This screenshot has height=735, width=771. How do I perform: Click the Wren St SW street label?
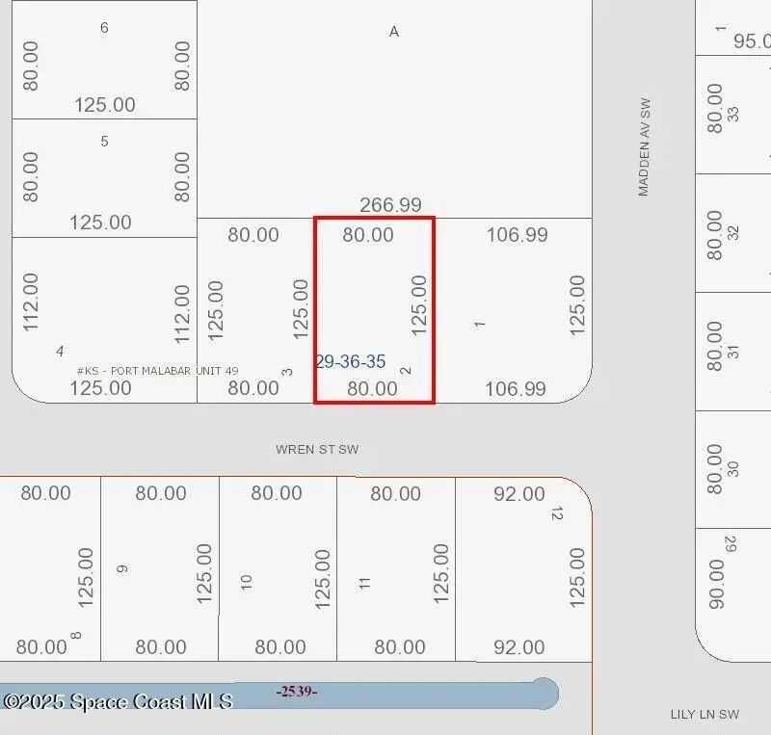point(317,449)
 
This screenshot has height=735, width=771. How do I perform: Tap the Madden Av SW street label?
point(645,146)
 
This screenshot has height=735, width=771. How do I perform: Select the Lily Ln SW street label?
point(705,714)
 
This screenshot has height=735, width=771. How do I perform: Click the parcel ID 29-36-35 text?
point(350,362)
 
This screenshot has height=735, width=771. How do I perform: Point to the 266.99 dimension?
point(390,205)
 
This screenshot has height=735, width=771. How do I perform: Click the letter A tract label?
point(393,32)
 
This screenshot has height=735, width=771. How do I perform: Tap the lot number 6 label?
point(104,28)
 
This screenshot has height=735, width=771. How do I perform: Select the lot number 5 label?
point(104,142)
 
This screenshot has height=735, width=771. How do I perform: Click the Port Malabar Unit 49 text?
point(158,371)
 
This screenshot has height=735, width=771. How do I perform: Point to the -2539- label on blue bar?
point(297,691)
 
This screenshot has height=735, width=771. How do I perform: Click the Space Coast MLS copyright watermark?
point(118,701)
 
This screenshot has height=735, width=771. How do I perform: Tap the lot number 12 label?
point(556,512)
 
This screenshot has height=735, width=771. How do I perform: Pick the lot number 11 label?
point(364,582)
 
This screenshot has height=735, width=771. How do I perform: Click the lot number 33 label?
point(733,114)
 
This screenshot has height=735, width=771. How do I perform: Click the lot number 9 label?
point(122,568)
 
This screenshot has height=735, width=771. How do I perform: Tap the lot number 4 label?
point(61,351)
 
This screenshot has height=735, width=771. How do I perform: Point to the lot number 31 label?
point(733,352)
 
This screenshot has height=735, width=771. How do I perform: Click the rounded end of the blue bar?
point(545,693)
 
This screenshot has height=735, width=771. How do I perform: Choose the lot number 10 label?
point(247,582)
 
